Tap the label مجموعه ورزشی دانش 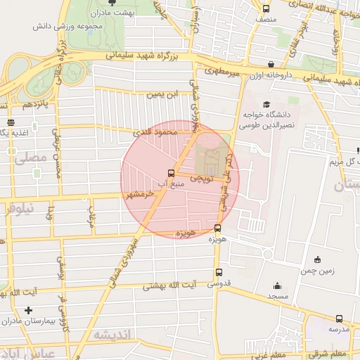coord(64,27)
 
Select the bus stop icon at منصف coord(266,9)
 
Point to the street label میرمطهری coord(223,71)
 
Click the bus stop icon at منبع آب coord(171,173)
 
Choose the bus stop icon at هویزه coord(217,228)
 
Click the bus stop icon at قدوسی coord(219,273)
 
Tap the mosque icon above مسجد coord(277,286)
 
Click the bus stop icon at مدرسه coord(340,318)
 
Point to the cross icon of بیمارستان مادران coord(28,310)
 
